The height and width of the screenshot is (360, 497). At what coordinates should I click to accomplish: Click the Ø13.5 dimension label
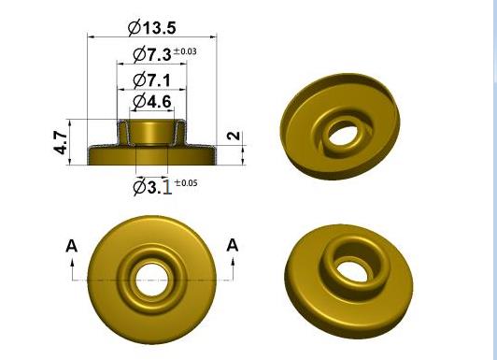(x=152, y=28)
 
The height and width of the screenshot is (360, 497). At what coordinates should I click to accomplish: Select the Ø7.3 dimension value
(x=152, y=54)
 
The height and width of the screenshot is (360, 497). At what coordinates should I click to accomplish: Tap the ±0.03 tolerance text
(x=185, y=51)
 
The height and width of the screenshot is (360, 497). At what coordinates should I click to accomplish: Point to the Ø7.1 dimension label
(x=152, y=79)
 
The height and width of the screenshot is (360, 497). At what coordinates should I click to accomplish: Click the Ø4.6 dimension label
(x=152, y=102)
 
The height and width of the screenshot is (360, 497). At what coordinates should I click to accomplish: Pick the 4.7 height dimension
(x=61, y=142)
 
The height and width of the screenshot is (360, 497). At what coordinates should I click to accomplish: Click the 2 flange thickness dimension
(x=234, y=136)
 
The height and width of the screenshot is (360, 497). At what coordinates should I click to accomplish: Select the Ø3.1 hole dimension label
(x=152, y=186)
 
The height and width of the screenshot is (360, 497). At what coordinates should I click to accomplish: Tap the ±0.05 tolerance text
(x=186, y=183)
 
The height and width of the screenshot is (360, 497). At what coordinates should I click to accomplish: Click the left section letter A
(x=72, y=246)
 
